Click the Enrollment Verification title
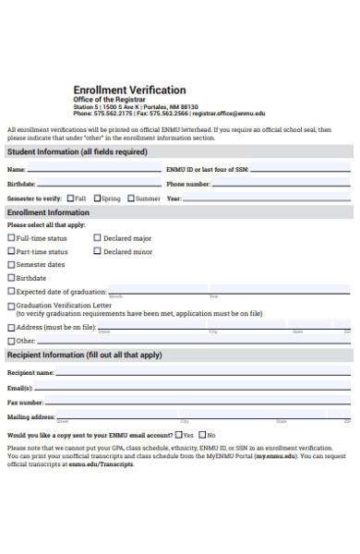129,90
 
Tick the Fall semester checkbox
69,198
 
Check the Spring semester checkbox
97,198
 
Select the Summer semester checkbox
130,198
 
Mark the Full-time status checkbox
11,238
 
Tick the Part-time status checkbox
11,251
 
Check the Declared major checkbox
98,238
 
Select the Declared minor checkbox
98,251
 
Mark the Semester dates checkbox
11,264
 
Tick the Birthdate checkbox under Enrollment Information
11,277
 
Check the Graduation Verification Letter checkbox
11,305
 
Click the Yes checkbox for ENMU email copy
178,434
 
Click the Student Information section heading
77,151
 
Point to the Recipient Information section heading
84,355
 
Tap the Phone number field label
187,184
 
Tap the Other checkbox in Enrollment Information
11,341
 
